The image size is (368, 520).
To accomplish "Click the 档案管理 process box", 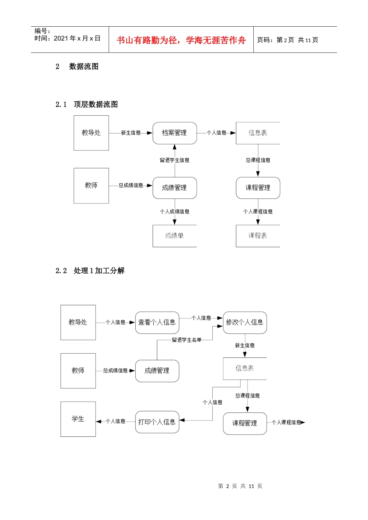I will pos(175,133).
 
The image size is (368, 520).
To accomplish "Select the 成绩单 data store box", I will pos(175,236).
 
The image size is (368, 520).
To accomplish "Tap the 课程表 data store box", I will pos(258,236).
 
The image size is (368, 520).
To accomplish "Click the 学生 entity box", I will pos(78,419).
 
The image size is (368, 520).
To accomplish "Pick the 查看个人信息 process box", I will pos(157,323).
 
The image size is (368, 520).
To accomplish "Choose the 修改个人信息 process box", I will pos(245,323).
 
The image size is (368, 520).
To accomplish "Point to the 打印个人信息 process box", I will pos(157,422).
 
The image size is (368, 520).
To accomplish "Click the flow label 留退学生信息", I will pos(175,160).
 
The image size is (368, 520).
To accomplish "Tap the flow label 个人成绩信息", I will pos(175,212).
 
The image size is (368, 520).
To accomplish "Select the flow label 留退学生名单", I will pos(187,340).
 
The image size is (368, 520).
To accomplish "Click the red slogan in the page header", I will pos(181,40).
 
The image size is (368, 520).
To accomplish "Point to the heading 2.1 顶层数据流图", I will pos(87,104).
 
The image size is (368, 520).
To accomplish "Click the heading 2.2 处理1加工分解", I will pos(90,271).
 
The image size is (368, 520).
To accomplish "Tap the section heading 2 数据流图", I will pos(77,67).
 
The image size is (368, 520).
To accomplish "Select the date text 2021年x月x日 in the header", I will pos(77,38).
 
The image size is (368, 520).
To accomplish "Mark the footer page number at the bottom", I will pos(240,486).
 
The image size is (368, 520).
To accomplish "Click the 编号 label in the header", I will pos(42,31).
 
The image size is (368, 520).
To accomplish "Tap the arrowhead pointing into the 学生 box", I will pos(99,421).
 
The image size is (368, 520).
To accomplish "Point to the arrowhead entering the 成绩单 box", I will pos(175,222).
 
